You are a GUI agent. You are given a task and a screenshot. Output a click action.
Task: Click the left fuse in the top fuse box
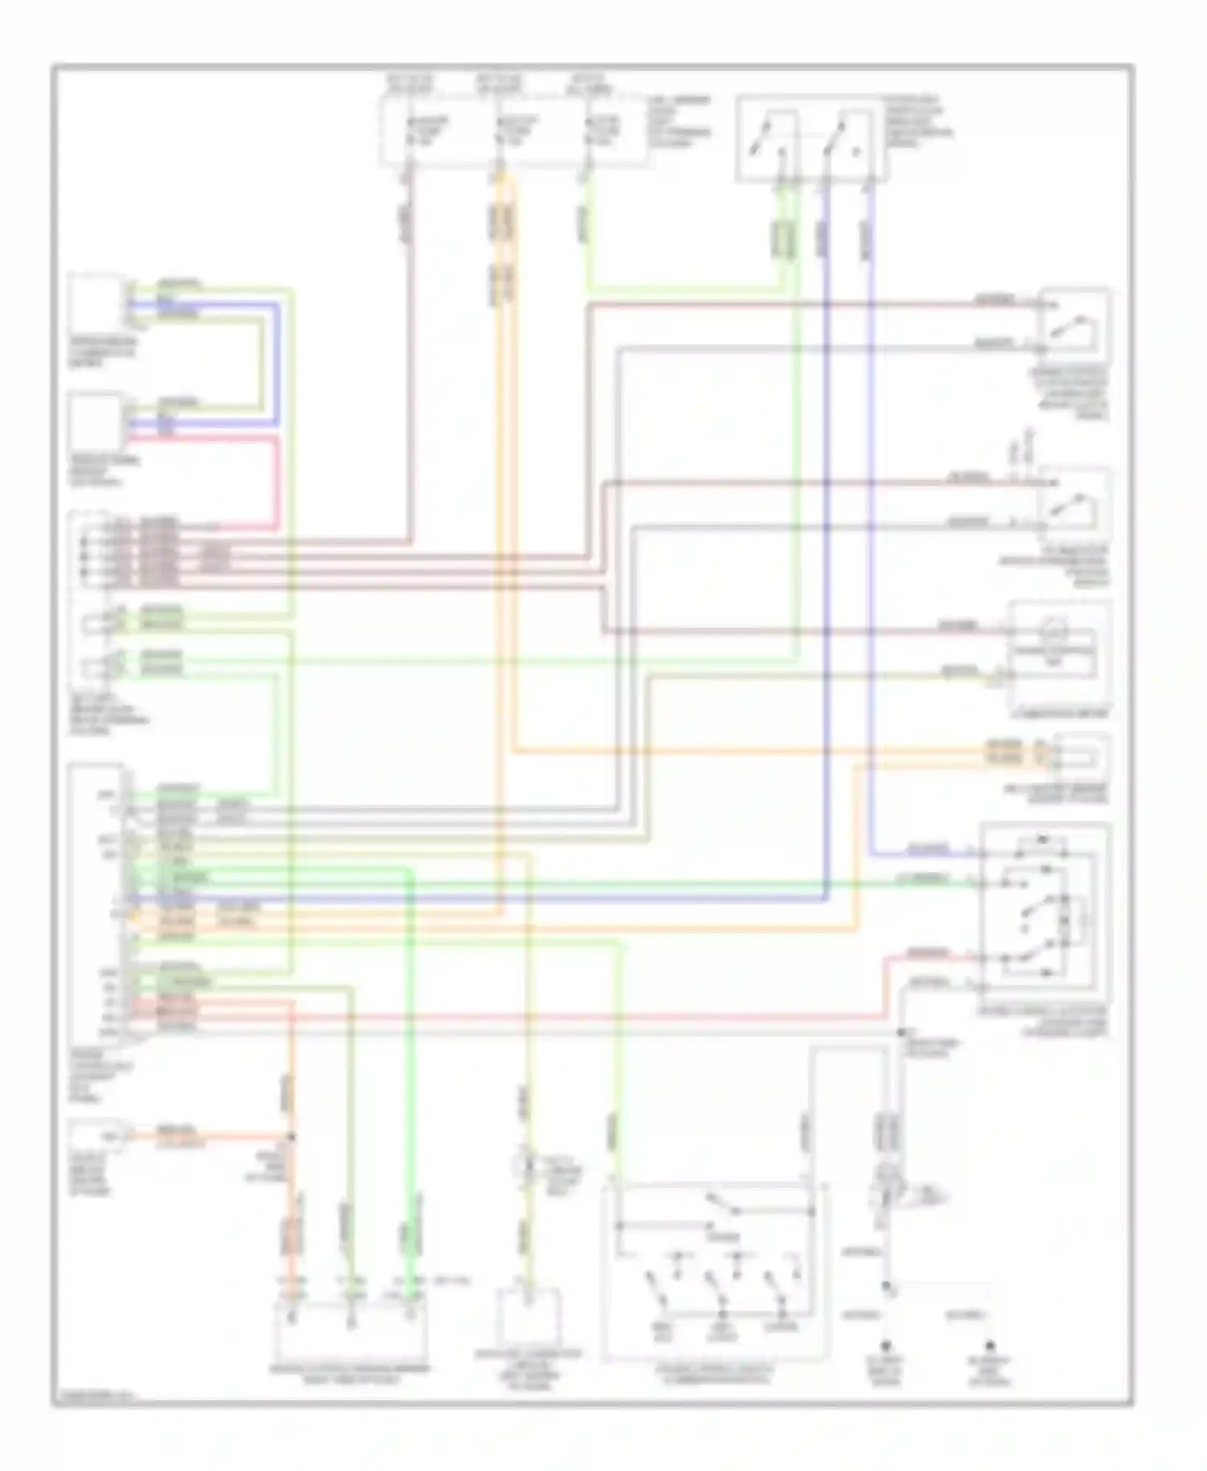click(x=426, y=134)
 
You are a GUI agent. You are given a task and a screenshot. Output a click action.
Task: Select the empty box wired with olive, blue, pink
click(x=96, y=422)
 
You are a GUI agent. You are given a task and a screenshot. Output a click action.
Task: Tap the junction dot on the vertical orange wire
click(x=291, y=1138)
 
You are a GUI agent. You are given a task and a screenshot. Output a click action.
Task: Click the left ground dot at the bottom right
click(x=887, y=1345)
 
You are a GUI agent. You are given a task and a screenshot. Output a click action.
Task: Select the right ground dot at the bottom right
click(x=991, y=1345)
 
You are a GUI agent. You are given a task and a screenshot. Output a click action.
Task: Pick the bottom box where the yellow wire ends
click(x=530, y=1317)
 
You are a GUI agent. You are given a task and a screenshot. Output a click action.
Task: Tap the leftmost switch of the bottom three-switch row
click(x=661, y=1297)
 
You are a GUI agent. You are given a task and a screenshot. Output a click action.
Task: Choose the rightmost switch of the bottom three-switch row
click(x=779, y=1297)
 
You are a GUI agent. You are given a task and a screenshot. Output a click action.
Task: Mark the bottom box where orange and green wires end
click(x=351, y=1329)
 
